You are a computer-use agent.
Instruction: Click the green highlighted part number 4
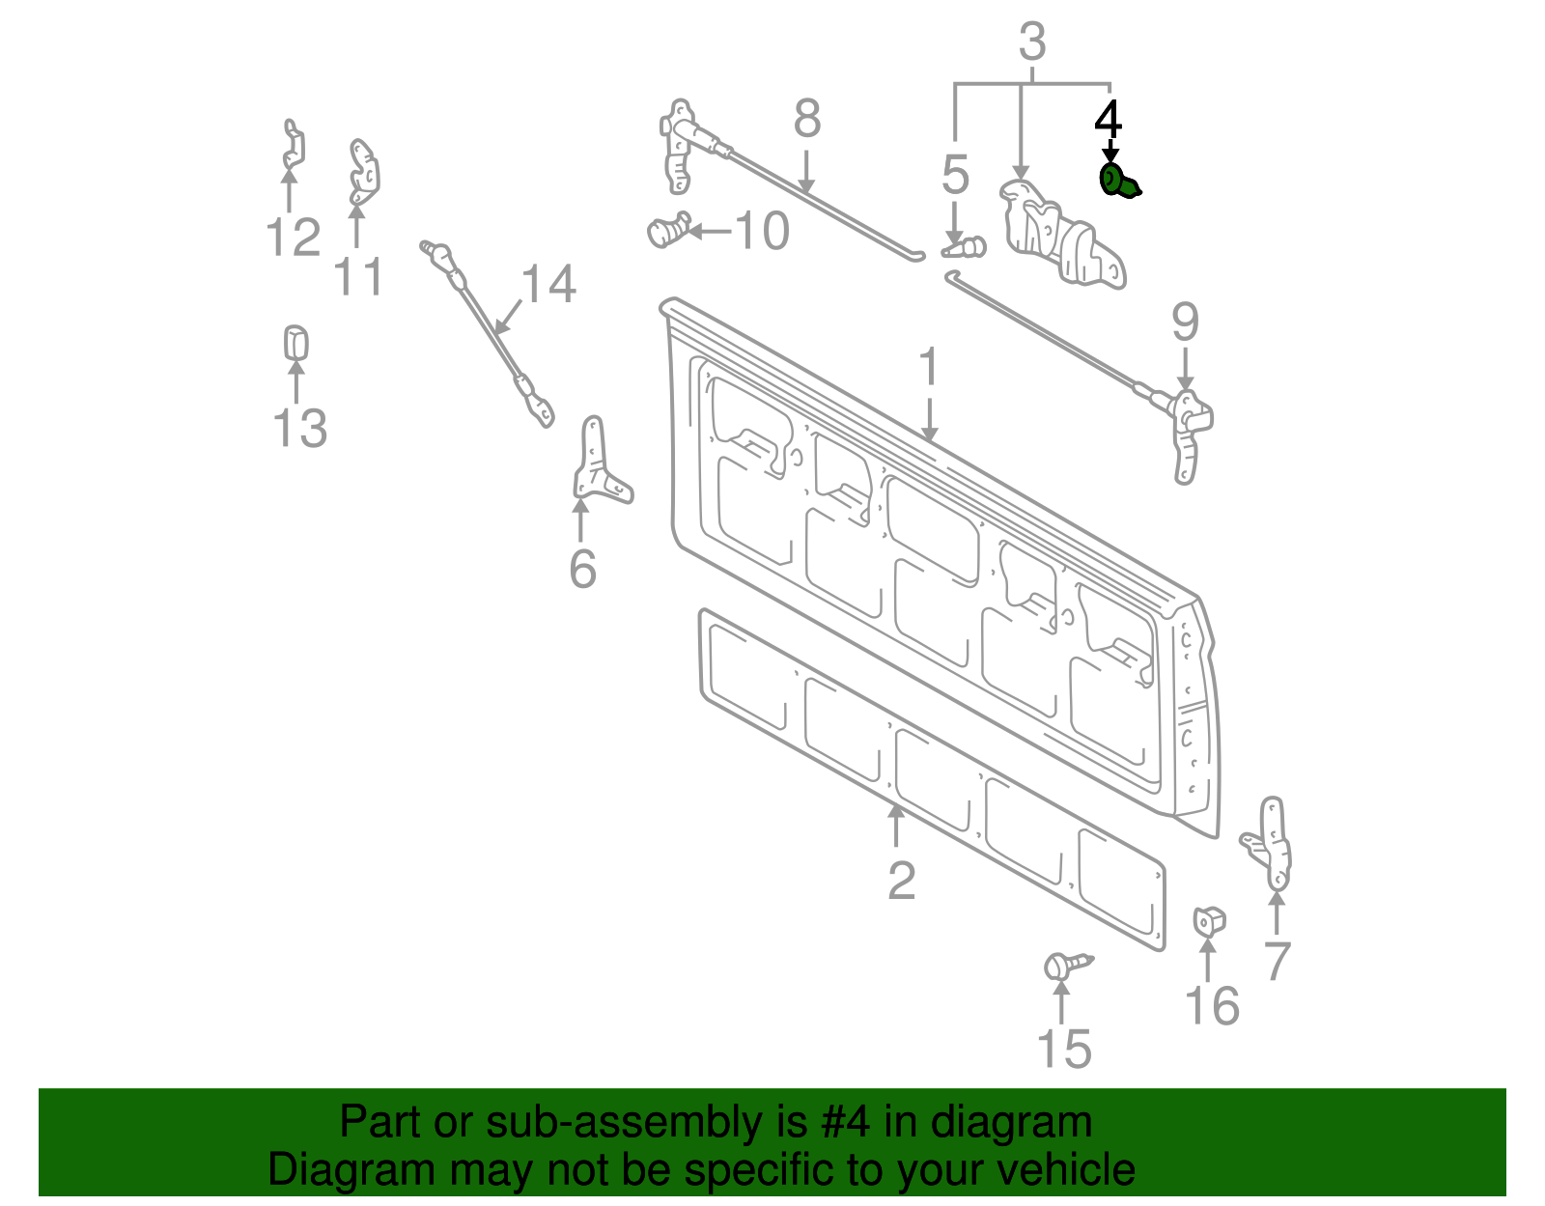(1118, 182)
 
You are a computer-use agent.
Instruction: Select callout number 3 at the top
(1032, 42)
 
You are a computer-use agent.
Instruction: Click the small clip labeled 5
(966, 248)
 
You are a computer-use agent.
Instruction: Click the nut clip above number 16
(1209, 921)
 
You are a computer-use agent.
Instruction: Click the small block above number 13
(295, 343)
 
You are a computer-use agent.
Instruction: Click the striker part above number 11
(363, 172)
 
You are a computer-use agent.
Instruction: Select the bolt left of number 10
(666, 231)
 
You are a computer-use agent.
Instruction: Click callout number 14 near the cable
(548, 285)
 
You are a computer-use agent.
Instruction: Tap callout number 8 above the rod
(807, 120)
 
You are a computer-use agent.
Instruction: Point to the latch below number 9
(1190, 435)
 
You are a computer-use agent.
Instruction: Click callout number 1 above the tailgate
(928, 368)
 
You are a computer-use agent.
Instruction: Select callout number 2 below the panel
(901, 880)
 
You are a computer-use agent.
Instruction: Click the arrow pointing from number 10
(710, 231)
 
